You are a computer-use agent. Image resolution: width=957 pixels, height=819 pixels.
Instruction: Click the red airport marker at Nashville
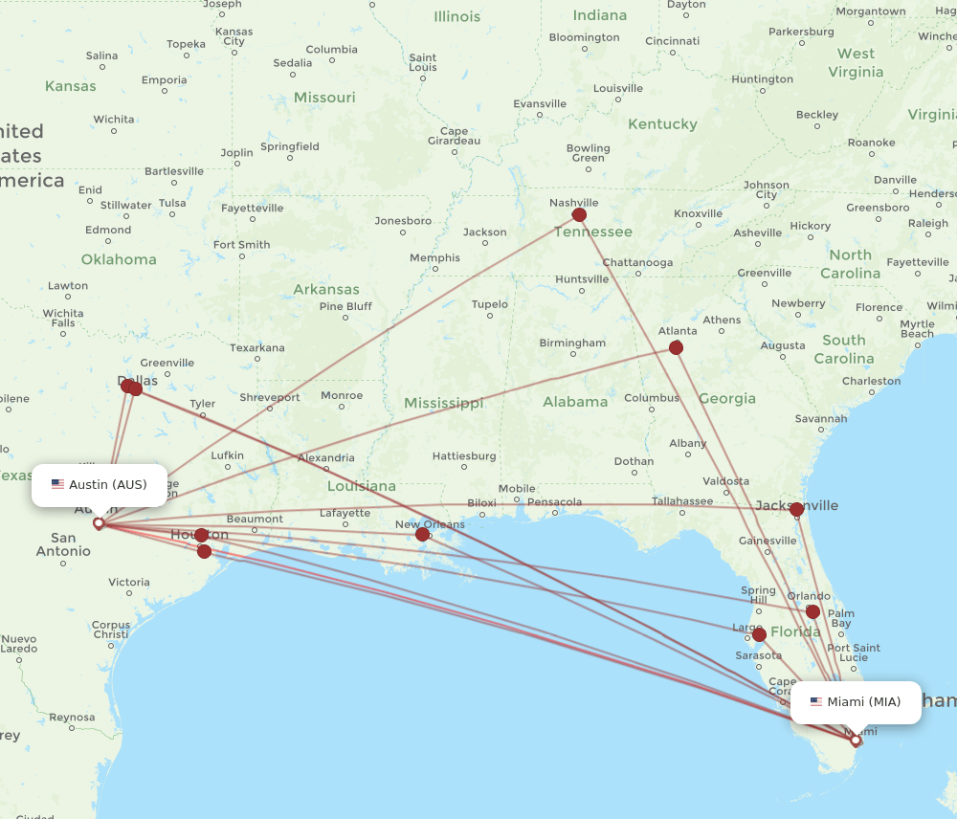pos(579,215)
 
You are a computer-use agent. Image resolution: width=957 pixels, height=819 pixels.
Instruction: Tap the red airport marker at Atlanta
pos(676,347)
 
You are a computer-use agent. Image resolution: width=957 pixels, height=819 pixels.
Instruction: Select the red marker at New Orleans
pos(422,534)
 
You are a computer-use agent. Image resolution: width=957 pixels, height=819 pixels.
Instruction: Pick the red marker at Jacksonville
pos(796,509)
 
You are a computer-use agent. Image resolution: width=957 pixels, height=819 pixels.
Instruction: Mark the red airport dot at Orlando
pos(812,611)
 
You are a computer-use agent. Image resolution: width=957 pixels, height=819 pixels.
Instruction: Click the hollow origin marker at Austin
pos(98,523)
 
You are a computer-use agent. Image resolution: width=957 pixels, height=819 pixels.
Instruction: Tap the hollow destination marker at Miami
pos(856,740)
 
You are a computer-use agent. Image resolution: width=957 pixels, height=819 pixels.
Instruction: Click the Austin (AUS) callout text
pos(107,485)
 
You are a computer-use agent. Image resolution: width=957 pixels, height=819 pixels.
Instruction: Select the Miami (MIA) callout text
pos(863,702)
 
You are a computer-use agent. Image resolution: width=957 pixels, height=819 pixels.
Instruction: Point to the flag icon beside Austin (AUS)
pos(58,485)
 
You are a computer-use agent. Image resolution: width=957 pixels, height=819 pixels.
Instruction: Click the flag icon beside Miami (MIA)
pos(816,702)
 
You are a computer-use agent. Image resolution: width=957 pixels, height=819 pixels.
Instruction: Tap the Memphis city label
pos(434,258)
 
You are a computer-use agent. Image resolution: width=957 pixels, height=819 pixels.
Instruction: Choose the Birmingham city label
pos(572,343)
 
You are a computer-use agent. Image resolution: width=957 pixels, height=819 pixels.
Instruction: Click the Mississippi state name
pos(443,404)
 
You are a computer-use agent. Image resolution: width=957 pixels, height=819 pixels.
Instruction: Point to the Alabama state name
pos(575,402)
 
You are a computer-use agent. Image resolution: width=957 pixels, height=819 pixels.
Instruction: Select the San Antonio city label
pos(63,544)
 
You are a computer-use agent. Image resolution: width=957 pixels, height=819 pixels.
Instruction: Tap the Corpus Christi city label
pos(111,630)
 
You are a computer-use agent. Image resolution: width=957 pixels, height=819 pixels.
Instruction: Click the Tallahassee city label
pos(682,500)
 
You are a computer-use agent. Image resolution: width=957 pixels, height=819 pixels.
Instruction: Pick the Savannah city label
pos(821,418)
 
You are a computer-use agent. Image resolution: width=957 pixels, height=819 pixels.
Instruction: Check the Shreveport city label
pos(270,397)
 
